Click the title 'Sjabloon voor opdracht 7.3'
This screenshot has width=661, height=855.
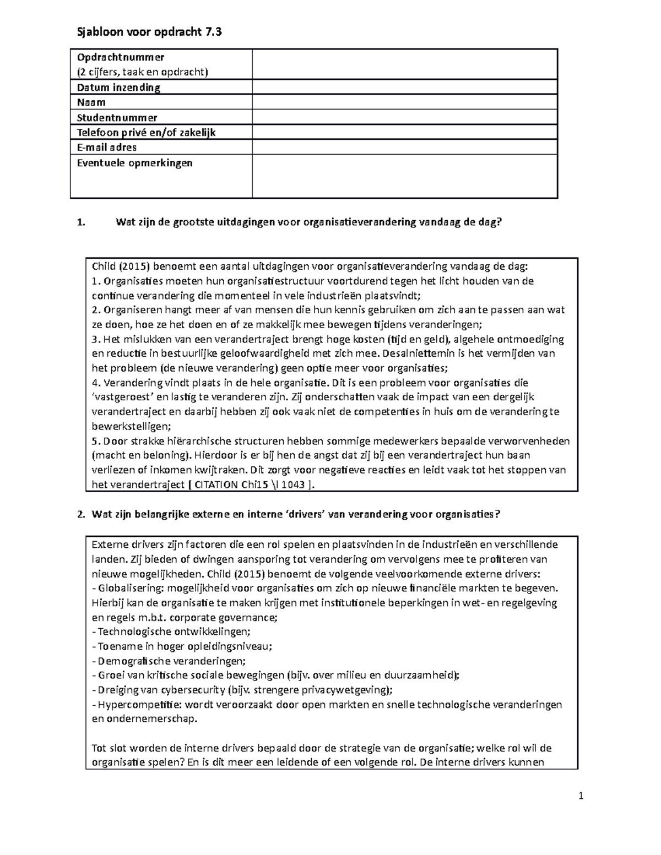tap(149, 32)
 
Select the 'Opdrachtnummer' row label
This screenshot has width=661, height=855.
tap(120, 57)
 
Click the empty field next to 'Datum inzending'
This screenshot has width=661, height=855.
tap(404, 88)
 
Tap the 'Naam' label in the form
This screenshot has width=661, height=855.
tap(91, 102)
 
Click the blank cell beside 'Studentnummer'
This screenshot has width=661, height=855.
tap(404, 117)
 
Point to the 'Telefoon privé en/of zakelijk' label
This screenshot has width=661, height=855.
tap(146, 132)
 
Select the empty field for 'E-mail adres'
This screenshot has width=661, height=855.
tap(404, 147)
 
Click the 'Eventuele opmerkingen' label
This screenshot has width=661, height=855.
tap(134, 163)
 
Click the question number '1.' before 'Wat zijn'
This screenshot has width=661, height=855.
tap(82, 222)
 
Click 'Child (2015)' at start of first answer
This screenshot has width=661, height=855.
tap(120, 267)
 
